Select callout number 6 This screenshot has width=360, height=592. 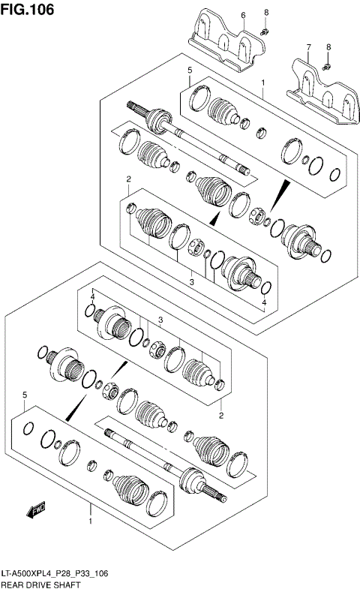[x=243, y=15]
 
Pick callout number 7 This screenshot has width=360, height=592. [x=308, y=47]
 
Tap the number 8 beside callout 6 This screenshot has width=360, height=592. [x=265, y=13]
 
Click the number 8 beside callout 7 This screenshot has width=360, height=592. [x=328, y=47]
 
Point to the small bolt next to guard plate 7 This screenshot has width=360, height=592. [x=328, y=67]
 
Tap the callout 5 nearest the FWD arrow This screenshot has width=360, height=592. [x=25, y=395]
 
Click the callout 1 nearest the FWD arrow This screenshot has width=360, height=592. [x=91, y=520]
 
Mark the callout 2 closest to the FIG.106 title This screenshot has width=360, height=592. [x=129, y=179]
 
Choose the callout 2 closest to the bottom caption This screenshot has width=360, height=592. [x=221, y=415]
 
